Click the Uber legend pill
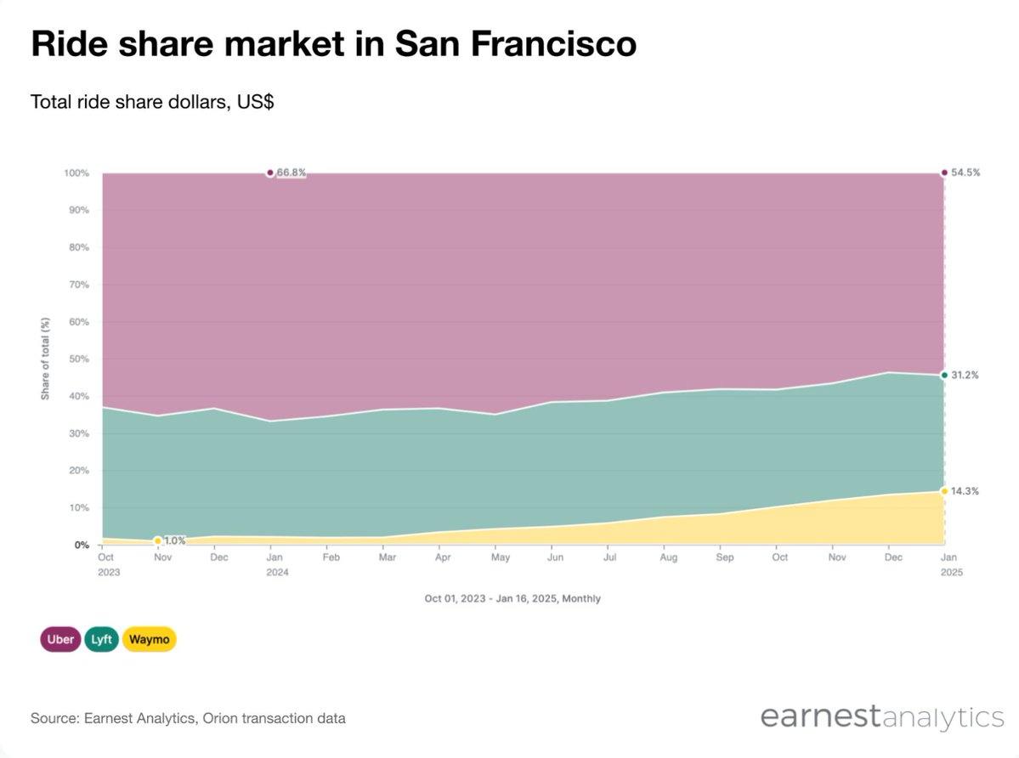59,639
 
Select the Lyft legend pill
101,639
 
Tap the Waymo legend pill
149,639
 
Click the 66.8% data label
291,173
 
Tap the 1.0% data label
174,540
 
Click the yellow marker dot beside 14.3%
944,491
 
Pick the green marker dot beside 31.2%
944,375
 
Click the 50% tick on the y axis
77,359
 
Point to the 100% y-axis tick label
76,173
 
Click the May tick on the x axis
501,557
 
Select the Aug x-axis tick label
669,557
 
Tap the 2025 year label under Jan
951,572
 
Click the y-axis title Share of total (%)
46,359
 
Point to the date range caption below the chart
512,598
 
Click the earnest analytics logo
882,716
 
